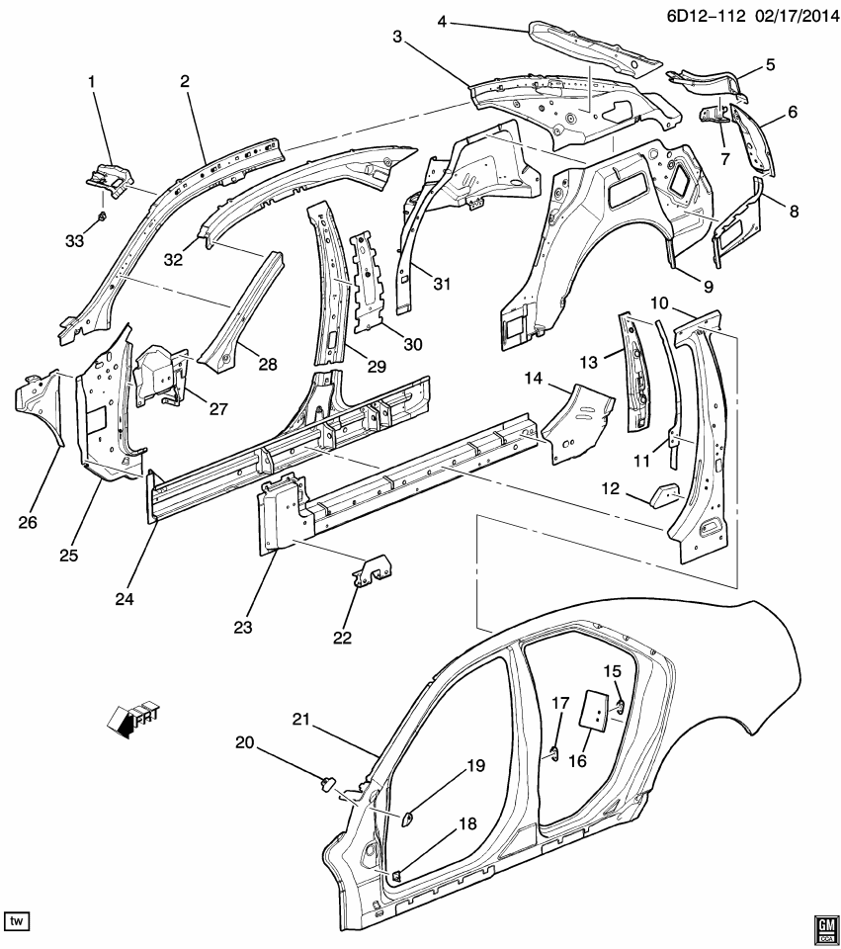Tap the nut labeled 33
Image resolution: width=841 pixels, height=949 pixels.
103,216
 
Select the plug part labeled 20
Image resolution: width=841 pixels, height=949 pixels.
324,786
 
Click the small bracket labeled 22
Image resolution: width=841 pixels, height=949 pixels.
373,570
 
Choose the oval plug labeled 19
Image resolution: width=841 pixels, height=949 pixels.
406,818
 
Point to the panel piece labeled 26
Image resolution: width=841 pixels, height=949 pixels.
38,405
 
